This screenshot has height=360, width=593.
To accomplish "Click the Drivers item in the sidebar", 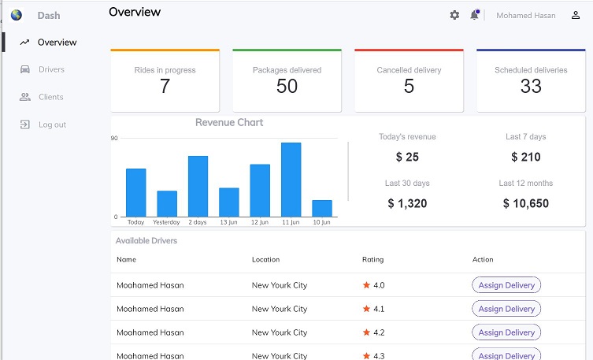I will tap(50, 69).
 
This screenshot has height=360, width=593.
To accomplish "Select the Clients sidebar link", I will tap(50, 97).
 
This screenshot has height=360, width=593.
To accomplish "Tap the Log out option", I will tap(52, 124).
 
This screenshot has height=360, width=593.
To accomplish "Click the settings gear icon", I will tap(454, 15).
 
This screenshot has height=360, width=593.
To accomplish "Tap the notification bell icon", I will tap(475, 15).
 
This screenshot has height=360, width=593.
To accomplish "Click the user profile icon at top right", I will tap(576, 15).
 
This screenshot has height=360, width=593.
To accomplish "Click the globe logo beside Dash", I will tap(17, 15).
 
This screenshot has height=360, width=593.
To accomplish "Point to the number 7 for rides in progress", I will tap(165, 87).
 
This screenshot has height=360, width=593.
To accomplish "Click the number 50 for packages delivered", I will tap(287, 87).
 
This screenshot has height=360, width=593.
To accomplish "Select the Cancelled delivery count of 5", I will tap(409, 87).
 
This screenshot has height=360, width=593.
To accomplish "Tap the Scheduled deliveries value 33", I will tap(531, 87).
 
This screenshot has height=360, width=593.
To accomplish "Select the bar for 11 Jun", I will tap(291, 180).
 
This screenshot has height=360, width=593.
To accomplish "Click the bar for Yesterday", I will tap(167, 203).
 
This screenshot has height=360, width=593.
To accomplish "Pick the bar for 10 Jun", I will tap(322, 208).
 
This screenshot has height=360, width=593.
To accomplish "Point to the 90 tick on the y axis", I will tap(115, 139).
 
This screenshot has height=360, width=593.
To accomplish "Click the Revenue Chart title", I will tap(229, 123).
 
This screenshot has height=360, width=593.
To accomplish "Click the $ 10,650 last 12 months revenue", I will tap(525, 203).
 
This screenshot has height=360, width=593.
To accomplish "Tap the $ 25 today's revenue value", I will tap(407, 157).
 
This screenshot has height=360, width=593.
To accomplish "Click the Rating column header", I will tap(372, 259).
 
